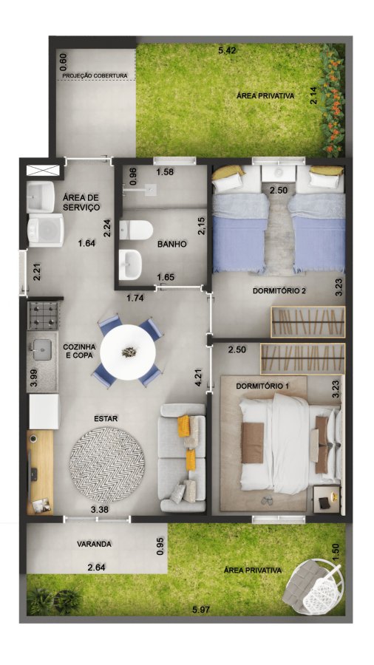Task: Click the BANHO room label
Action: point(171,245)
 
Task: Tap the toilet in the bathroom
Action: point(136,230)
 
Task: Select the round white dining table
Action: point(128,352)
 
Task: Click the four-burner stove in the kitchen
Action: point(43,315)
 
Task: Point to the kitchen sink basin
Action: point(42,350)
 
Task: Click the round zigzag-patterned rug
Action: point(107,465)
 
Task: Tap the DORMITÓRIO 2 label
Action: point(279,291)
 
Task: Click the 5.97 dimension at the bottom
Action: point(201,610)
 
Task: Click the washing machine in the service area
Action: point(45,230)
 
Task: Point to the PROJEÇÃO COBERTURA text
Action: point(95,76)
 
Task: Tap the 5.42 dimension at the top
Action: point(227,51)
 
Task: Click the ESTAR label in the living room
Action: point(106,419)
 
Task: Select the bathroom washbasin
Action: point(130,265)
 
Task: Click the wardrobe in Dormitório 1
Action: point(303,358)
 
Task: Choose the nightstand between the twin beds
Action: point(279,174)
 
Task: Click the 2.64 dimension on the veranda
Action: point(97,567)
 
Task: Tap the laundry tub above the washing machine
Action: point(41,197)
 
